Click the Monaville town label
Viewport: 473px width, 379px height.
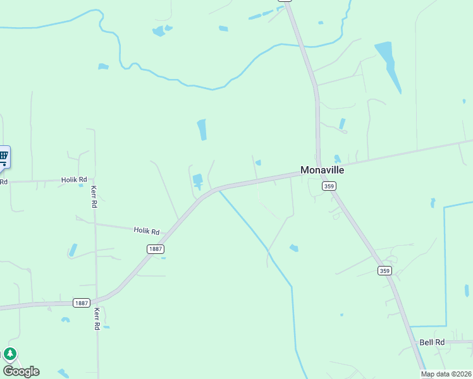coord(322,170)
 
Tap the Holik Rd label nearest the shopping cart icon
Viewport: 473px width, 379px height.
coord(74,180)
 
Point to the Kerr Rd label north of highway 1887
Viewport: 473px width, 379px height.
coord(94,197)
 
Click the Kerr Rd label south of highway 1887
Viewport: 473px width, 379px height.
coord(97,319)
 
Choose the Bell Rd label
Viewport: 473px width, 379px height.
coord(432,342)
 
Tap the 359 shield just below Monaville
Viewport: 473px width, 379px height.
coord(328,186)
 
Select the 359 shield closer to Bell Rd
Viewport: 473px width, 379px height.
coord(384,271)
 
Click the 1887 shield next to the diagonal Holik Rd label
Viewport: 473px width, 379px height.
coord(156,249)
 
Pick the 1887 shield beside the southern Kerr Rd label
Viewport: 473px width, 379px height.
coord(81,303)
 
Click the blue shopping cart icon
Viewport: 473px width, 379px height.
coord(3,155)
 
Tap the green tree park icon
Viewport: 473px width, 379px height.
coord(9,354)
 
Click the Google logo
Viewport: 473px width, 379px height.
coord(21,371)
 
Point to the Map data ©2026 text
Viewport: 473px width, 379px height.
coord(446,374)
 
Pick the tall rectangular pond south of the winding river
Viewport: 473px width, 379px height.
coord(202,129)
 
